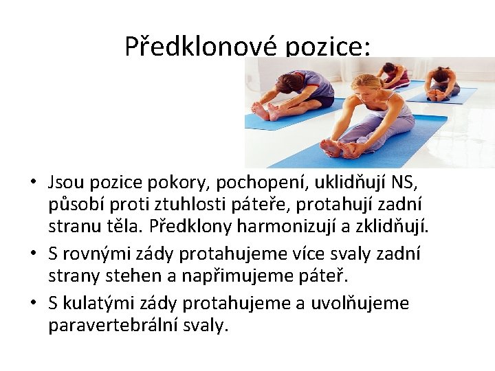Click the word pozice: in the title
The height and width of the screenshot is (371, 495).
coord(328,46)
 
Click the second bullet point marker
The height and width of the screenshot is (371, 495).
coord(33,254)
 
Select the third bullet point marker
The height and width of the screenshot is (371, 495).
coord(33,304)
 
